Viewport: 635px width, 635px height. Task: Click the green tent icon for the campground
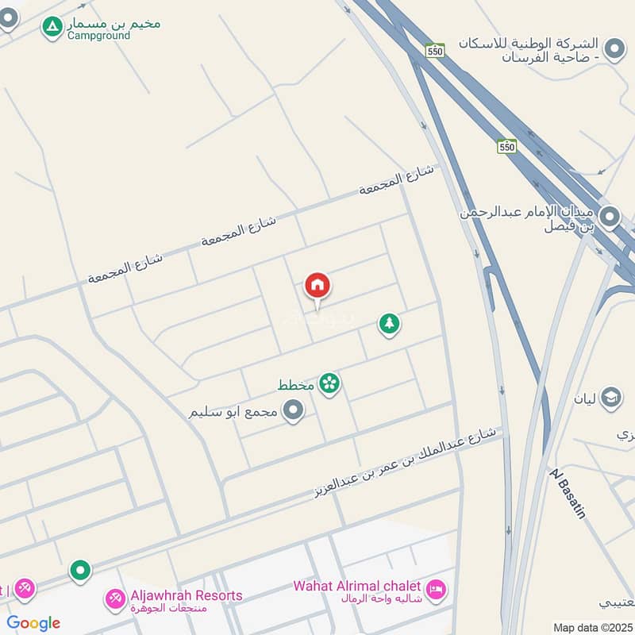click(52, 26)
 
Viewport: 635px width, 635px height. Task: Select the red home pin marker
click(317, 286)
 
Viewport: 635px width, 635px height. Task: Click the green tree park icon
click(388, 323)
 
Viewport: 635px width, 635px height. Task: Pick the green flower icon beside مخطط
click(329, 384)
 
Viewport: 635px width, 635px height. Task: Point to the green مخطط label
click(295, 386)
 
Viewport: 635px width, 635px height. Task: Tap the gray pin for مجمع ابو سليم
click(294, 410)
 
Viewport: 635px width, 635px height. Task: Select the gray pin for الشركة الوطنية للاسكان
click(614, 50)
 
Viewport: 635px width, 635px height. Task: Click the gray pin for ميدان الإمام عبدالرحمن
click(610, 216)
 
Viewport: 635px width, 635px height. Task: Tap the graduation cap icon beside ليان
click(610, 397)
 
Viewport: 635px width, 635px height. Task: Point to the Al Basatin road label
click(568, 493)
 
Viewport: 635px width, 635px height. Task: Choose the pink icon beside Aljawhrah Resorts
click(116, 598)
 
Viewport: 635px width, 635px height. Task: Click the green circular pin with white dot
click(79, 569)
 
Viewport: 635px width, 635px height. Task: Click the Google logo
click(33, 623)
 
